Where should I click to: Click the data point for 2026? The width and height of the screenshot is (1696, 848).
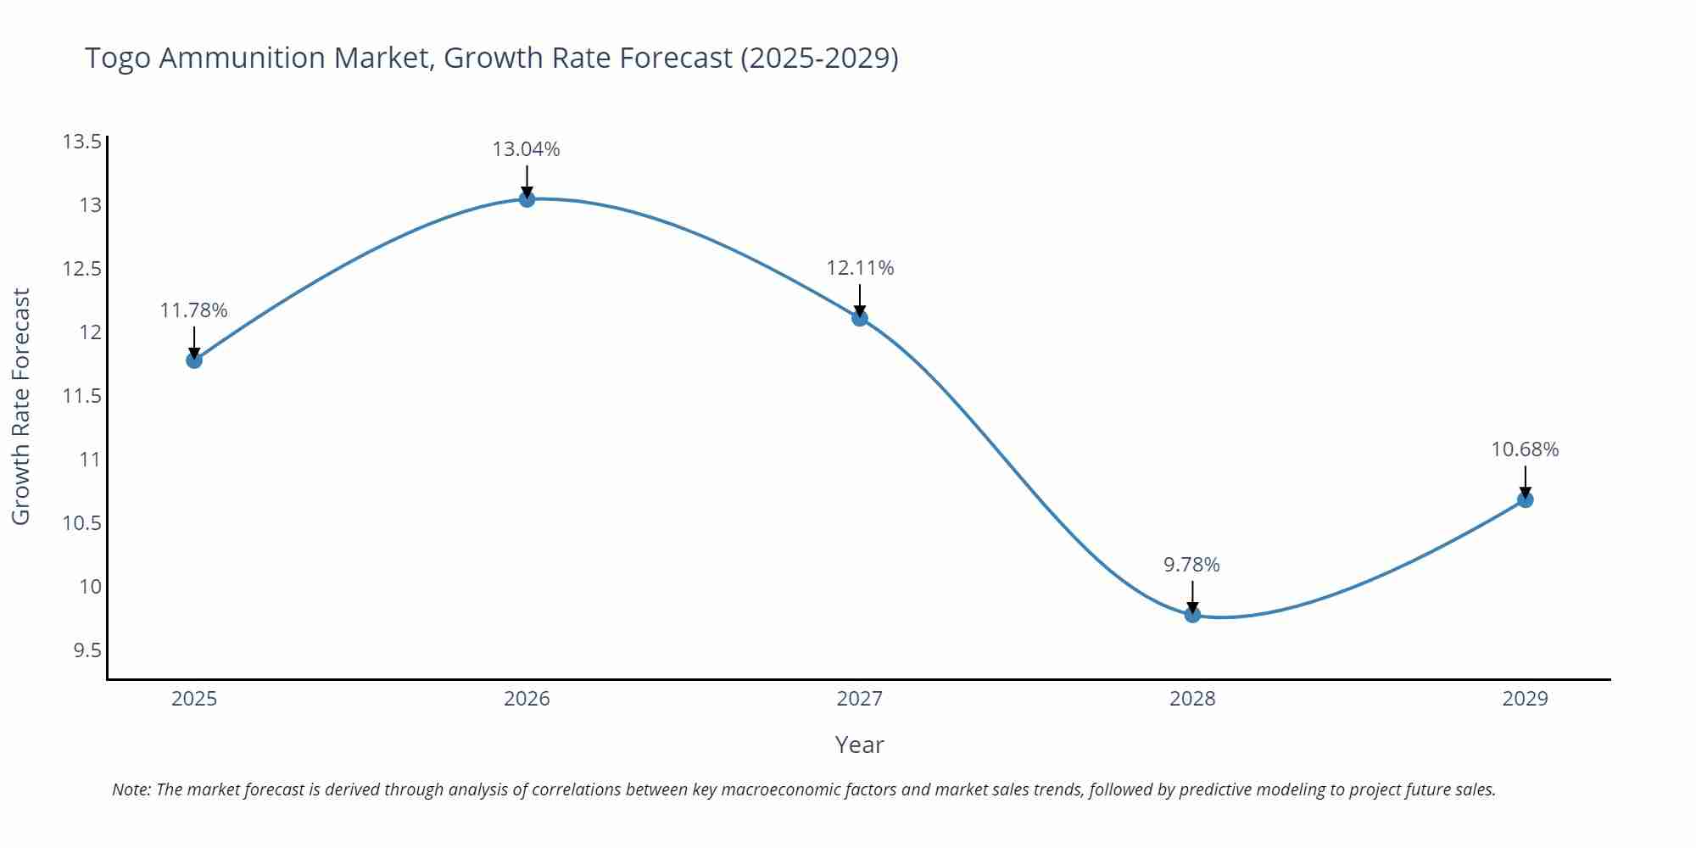527,199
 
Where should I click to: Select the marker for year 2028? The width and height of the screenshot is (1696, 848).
1192,614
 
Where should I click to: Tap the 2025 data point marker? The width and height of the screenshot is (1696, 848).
194,360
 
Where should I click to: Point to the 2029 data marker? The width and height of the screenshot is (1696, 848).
1525,499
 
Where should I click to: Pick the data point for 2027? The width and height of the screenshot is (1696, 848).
860,318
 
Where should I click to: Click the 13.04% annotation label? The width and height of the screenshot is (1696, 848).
526,149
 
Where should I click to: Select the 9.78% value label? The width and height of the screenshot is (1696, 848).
1191,565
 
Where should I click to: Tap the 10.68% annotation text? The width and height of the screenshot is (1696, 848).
1525,449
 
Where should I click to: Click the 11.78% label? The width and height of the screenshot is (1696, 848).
193,310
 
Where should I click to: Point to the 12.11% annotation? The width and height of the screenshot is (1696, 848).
860,268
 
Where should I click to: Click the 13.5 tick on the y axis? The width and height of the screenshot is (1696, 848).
81,142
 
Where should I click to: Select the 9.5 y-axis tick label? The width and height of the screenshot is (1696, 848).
86,650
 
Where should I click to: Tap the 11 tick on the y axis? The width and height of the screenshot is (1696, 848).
90,460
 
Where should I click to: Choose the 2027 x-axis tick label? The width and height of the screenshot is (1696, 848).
859,699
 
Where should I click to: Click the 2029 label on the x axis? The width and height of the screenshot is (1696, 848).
1525,699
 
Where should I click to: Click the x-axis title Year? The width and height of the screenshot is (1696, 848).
859,745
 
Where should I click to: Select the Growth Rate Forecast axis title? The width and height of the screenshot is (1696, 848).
20,406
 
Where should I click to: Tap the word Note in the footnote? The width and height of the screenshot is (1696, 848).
131,789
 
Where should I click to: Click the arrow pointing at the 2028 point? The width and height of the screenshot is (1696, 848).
1192,595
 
